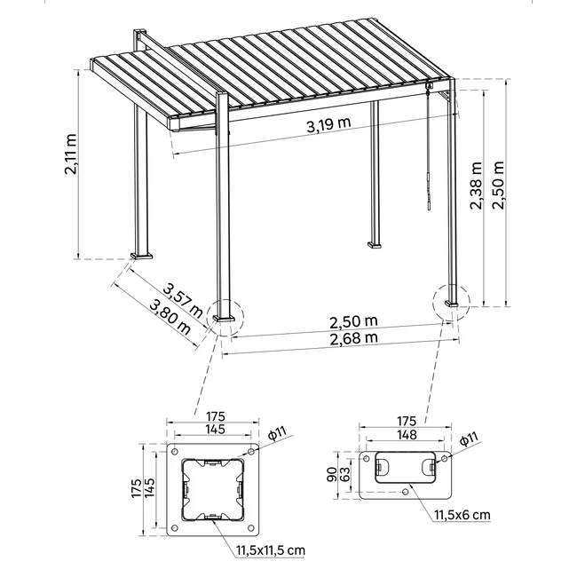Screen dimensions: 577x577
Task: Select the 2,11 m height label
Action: click(71, 154)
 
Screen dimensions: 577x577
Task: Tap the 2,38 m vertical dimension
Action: click(476, 186)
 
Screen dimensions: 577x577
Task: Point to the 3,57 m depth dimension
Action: click(183, 301)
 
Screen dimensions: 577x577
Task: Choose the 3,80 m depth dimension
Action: click(170, 316)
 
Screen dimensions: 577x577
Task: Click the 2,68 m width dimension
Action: click(353, 338)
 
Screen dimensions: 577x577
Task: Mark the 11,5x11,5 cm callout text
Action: click(271, 550)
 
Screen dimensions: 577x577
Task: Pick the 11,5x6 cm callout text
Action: click(462, 515)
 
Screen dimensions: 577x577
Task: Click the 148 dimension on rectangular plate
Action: click(407, 435)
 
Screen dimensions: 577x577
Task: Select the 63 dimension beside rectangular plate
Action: click(345, 474)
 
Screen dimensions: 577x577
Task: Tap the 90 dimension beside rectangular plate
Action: click(332, 474)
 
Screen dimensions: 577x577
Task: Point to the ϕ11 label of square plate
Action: click(277, 433)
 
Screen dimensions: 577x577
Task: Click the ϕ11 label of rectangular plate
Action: click(469, 439)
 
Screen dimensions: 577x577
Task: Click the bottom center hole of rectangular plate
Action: click(406, 492)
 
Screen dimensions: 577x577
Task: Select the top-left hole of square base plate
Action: click(175, 452)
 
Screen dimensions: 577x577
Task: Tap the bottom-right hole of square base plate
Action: click(251, 528)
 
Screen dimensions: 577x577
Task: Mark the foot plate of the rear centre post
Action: click(375, 245)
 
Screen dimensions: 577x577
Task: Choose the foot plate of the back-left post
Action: click(141, 257)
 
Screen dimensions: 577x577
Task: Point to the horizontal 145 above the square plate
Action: click(215, 429)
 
